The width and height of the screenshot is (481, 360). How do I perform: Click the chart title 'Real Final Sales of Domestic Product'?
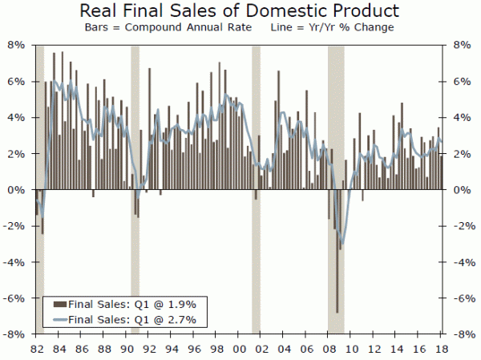tap(240, 11)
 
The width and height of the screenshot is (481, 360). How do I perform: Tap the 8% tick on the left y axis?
tap(18, 45)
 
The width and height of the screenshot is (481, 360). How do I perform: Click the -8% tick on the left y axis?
tap(17, 334)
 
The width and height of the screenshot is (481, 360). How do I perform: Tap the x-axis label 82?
tap(36, 350)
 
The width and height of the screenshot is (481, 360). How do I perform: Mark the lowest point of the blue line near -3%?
tap(342, 243)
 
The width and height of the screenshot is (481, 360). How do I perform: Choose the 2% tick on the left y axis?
tap(18, 154)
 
